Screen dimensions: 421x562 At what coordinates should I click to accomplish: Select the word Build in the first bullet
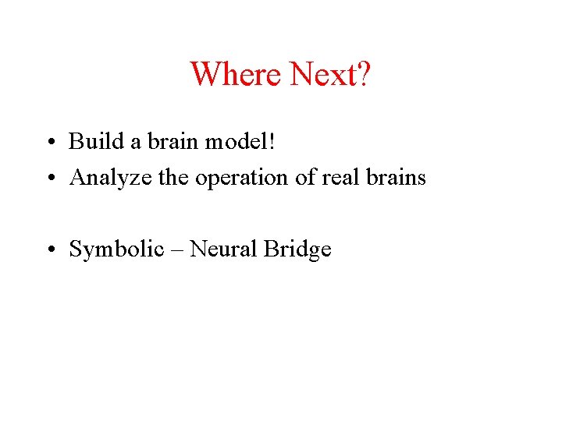(x=90, y=141)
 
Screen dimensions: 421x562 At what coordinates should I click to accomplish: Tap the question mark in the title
(x=365, y=74)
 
